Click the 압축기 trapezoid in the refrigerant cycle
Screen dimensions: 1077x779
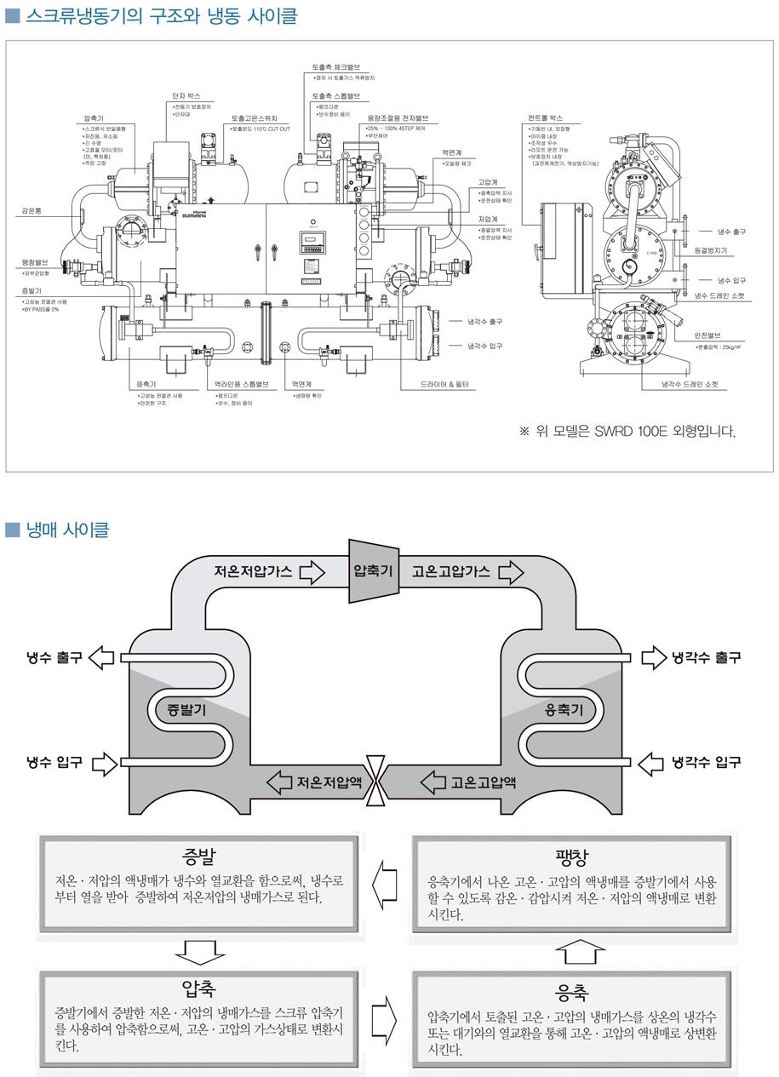[x=373, y=570]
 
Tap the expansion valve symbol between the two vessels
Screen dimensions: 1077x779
[x=374, y=780]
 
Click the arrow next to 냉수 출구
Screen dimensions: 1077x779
[x=101, y=657]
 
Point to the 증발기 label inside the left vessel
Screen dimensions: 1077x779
[x=186, y=709]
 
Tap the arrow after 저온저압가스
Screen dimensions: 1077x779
[x=312, y=571]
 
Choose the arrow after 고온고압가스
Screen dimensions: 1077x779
[x=510, y=571]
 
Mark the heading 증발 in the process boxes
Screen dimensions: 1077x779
[x=198, y=855]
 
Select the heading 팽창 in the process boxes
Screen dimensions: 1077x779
[x=571, y=855]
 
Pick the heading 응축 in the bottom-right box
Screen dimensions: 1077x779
[x=571, y=991]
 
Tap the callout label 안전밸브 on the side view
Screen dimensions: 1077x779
[x=707, y=335]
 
